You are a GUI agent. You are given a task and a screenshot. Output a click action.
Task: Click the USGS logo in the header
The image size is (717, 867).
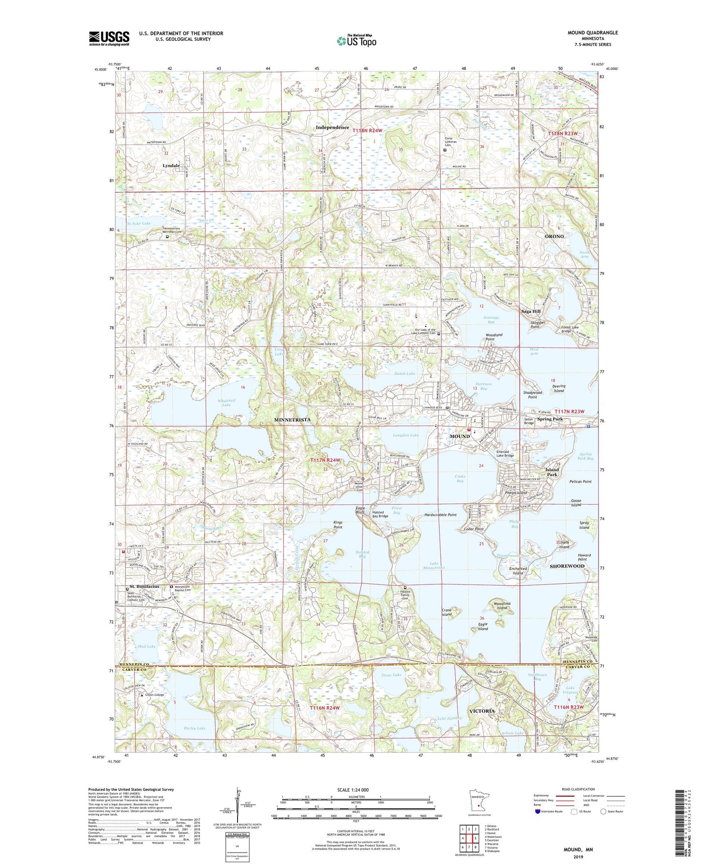(x=109, y=38)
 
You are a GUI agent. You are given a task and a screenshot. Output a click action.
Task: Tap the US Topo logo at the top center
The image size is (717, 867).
(x=357, y=41)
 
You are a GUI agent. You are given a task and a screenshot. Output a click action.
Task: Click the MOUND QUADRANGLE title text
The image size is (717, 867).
(x=592, y=33)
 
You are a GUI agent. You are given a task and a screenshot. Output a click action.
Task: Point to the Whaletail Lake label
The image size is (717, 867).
(x=226, y=403)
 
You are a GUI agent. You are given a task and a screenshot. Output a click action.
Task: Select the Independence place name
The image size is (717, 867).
(x=332, y=128)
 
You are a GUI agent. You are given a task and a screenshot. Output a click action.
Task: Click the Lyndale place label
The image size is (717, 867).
(x=171, y=165)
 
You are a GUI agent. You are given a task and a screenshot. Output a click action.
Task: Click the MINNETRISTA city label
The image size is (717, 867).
(x=292, y=419)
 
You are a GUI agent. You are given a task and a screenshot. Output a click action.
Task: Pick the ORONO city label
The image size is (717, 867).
(x=554, y=236)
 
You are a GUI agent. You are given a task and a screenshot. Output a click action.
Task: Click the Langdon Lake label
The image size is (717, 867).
(x=405, y=435)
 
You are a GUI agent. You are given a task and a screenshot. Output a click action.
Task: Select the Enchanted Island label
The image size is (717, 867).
(x=518, y=571)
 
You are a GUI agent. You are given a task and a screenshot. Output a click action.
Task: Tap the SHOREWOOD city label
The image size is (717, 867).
(x=567, y=566)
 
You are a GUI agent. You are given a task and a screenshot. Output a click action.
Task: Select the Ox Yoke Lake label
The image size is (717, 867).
(x=138, y=223)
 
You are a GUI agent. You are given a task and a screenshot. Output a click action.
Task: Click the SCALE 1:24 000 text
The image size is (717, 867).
(x=353, y=790)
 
